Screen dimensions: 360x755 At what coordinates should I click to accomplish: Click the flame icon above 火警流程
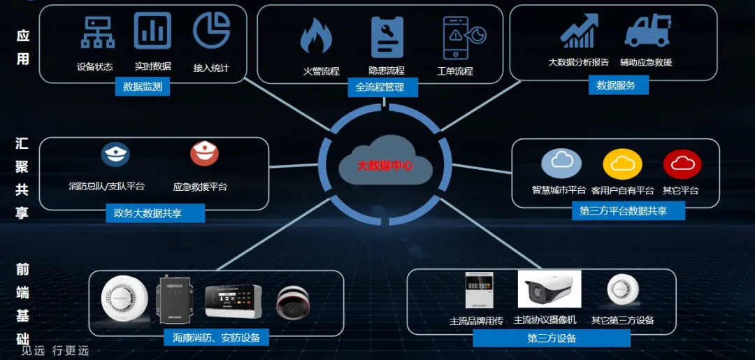[x=316, y=36]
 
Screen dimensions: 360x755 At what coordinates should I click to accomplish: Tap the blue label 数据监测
[x=143, y=87]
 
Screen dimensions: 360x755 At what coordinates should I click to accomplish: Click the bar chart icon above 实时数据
[x=152, y=31]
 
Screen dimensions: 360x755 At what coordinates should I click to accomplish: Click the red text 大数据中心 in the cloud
[x=385, y=166]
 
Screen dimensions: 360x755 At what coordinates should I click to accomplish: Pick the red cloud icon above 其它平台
[x=682, y=164]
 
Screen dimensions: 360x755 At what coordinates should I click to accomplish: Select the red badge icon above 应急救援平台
[x=204, y=154]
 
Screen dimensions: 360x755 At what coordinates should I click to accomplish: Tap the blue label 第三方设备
[x=552, y=339]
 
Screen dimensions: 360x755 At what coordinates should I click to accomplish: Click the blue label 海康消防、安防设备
[x=217, y=338]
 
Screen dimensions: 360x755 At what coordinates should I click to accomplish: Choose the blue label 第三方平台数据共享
[x=623, y=211]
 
